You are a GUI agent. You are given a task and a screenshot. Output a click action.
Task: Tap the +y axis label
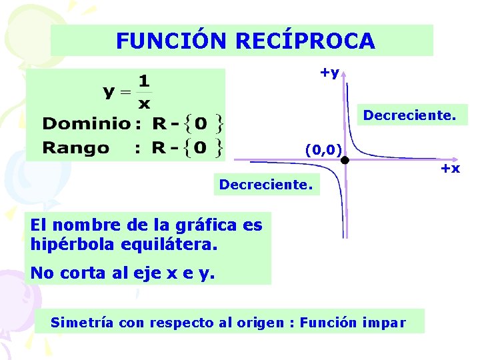[x=329, y=72]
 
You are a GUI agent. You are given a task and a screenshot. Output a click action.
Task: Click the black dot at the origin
[x=345, y=161]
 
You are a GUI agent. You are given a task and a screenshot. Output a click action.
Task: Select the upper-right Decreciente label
[x=410, y=116]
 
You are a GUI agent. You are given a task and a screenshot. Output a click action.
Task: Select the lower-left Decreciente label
[x=265, y=183]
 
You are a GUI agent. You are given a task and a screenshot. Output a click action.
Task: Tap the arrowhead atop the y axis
[x=343, y=75]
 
